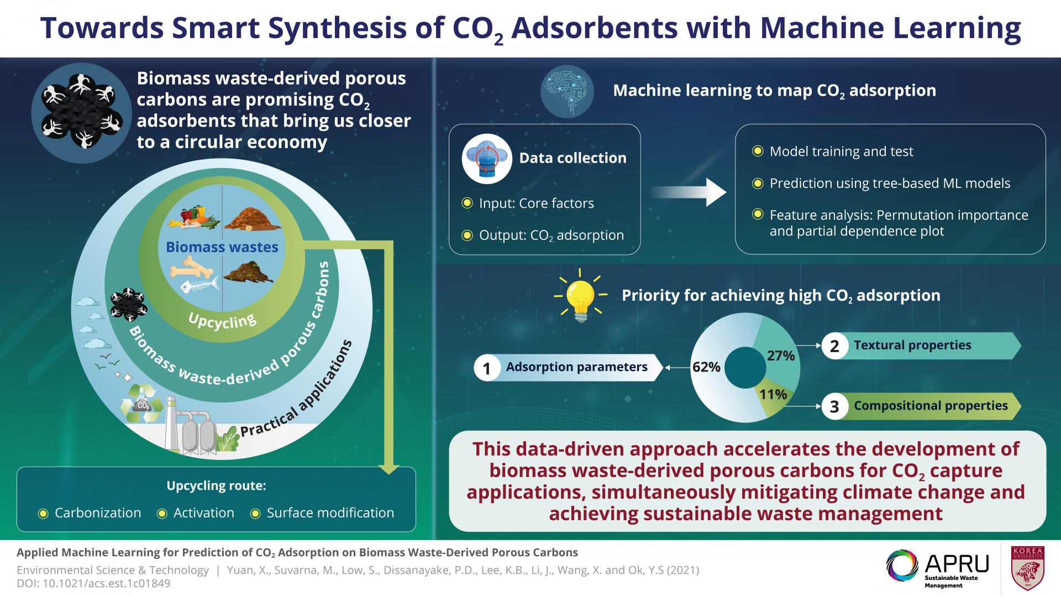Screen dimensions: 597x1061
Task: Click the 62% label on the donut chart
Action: click(706, 367)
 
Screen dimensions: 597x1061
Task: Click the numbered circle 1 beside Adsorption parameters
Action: click(486, 368)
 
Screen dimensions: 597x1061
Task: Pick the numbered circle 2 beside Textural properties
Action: click(834, 346)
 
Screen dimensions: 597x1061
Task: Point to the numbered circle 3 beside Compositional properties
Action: click(834, 407)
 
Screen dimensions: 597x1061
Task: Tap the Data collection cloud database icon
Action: click(487, 159)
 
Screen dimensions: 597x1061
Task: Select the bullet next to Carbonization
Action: click(43, 514)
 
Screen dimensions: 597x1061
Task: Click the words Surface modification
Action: click(330, 513)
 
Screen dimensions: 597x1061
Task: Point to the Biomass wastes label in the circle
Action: click(222, 247)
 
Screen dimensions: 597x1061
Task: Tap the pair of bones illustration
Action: click(191, 270)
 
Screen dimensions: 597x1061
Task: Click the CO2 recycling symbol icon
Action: click(142, 404)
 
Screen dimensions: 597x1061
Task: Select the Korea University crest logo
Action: click(1027, 568)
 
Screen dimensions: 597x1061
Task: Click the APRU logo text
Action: click(957, 564)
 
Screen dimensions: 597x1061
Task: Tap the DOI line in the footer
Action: click(93, 584)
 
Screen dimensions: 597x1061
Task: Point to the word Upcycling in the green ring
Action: click(222, 321)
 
